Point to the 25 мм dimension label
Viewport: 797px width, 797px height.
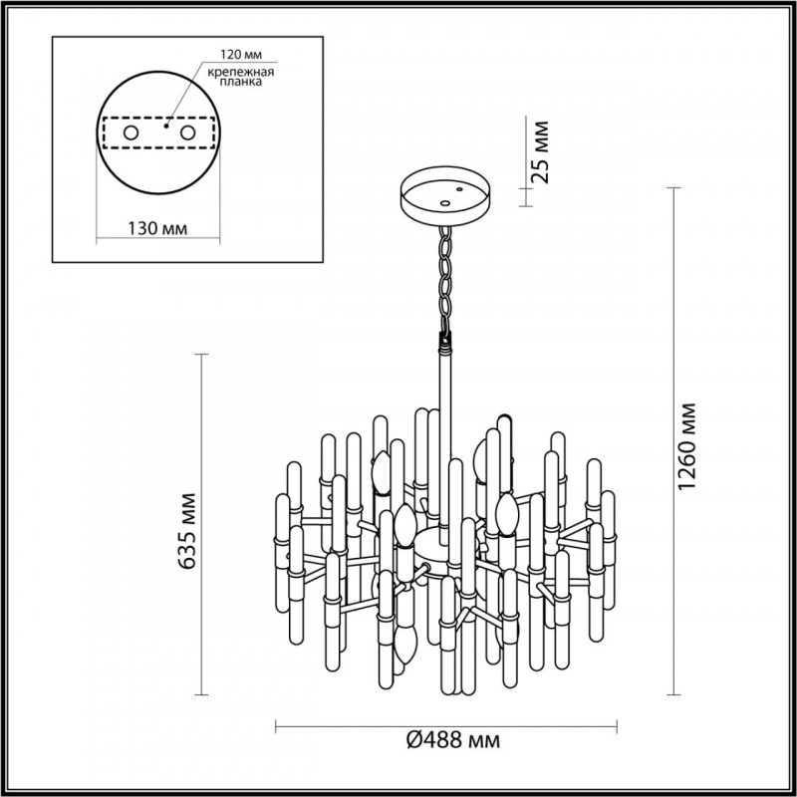pyautogui.click(x=540, y=152)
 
